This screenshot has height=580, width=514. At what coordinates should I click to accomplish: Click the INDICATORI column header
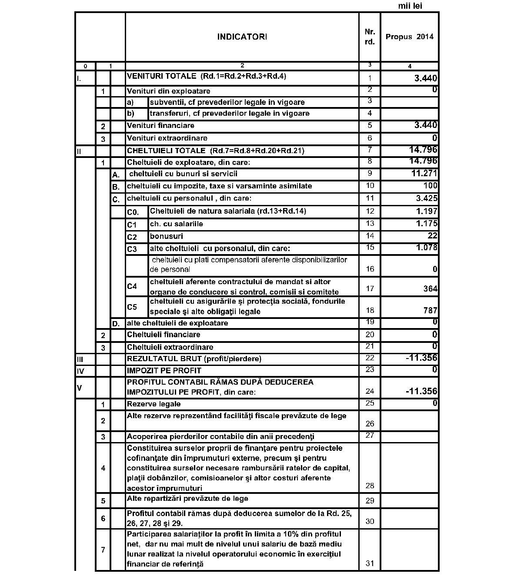(242, 37)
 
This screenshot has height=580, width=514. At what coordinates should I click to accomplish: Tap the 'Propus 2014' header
(409, 37)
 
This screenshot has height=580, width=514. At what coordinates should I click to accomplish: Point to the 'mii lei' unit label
(410, 6)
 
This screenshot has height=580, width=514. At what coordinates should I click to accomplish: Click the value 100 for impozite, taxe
(430, 186)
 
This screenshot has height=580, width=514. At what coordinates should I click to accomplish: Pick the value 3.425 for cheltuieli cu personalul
(426, 198)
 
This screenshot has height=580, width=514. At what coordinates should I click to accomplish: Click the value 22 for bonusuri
(432, 236)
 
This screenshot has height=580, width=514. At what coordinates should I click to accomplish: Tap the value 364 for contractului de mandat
(430, 288)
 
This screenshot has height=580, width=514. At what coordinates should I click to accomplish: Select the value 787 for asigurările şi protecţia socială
(430, 311)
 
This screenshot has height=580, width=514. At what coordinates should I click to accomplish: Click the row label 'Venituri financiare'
(160, 126)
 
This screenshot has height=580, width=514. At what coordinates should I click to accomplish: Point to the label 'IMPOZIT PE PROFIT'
(164, 371)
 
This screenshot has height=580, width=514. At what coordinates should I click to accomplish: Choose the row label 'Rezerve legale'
(154, 404)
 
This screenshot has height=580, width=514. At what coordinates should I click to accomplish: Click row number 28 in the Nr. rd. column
(370, 486)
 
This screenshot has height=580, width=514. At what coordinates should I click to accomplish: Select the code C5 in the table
(132, 307)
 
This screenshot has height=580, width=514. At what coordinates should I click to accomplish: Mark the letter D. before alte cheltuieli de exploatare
(116, 324)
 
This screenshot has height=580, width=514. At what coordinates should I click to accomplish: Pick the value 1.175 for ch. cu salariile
(426, 224)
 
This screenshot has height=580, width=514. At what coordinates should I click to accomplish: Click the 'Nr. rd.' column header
(370, 37)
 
